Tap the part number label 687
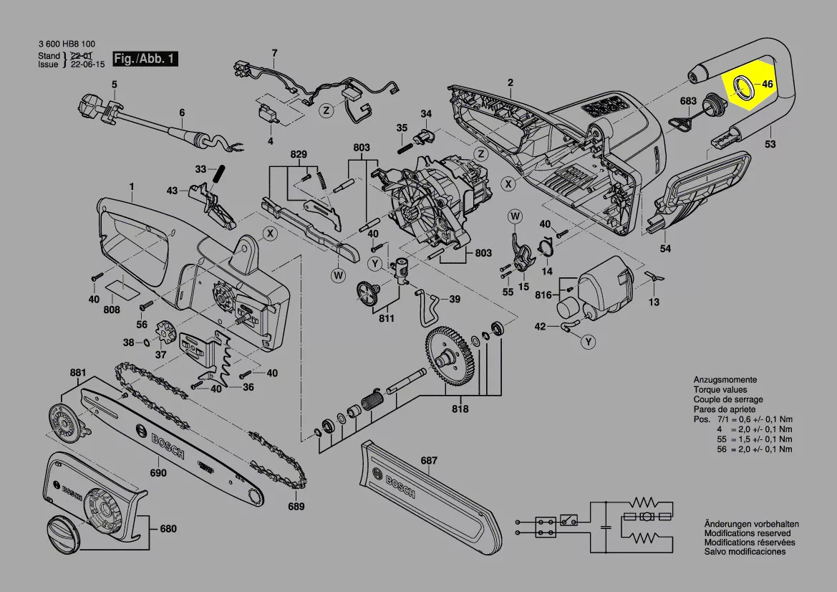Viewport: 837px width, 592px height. tap(429, 460)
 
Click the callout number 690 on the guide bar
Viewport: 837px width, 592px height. tap(158, 473)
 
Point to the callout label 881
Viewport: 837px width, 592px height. tap(77, 373)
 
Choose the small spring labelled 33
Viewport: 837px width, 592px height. tap(221, 173)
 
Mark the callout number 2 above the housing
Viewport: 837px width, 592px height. tap(511, 82)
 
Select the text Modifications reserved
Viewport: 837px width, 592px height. tap(748, 533)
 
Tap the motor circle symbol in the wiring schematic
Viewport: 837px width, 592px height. tap(647, 516)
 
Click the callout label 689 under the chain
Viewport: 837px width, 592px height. tap(296, 507)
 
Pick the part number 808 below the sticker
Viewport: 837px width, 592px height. tap(112, 310)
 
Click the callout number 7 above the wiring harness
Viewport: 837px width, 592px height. tap(274, 52)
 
